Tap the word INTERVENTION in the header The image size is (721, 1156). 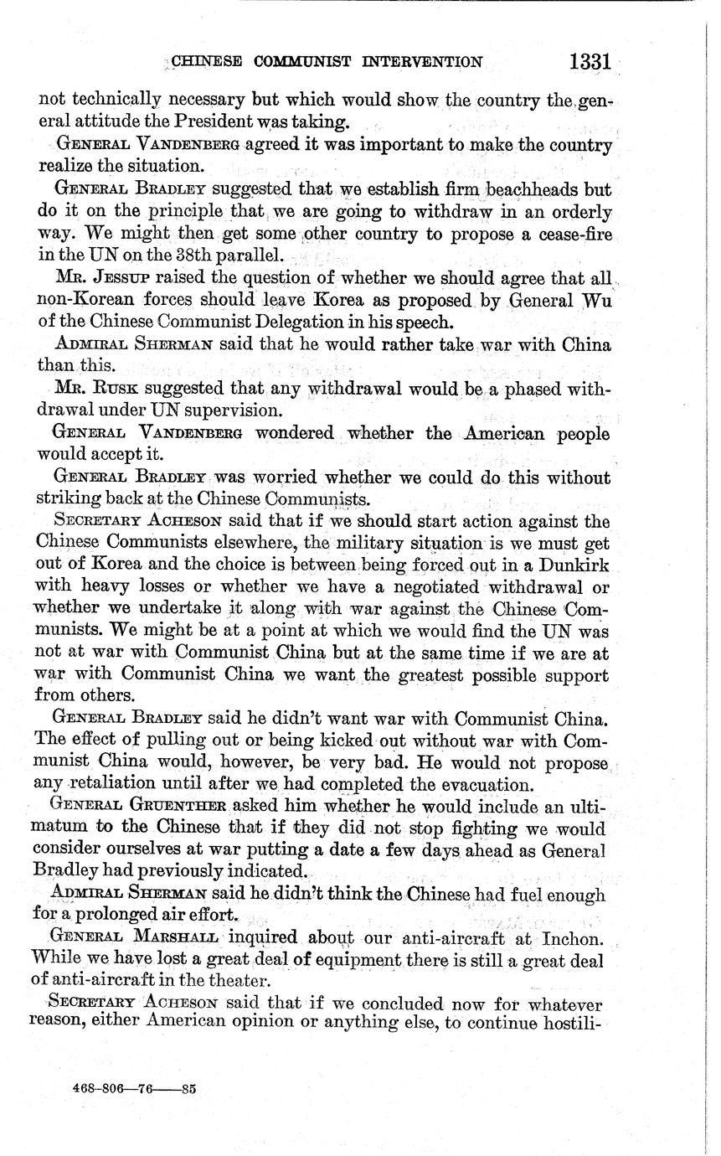pyautogui.click(x=423, y=62)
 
